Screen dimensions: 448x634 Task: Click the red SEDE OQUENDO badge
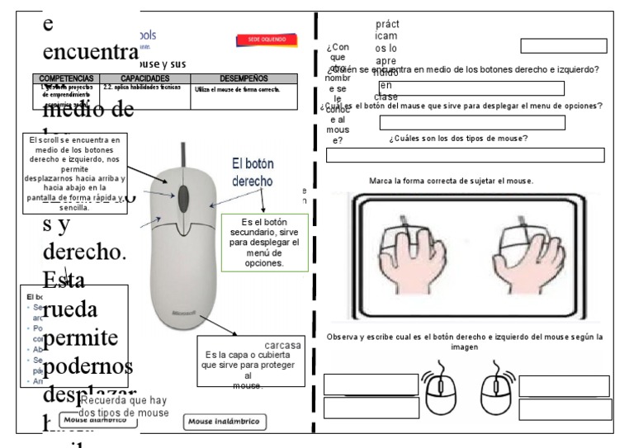pos(262,39)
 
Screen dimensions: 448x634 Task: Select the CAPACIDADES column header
pos(145,78)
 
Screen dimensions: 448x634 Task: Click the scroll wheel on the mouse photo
pos(182,191)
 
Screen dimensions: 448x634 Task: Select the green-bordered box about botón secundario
pos(265,243)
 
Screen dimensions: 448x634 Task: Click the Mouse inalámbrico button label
pos(223,422)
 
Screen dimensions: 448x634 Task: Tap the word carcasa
pos(283,345)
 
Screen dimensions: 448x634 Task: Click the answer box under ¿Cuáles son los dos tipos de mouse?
pos(465,155)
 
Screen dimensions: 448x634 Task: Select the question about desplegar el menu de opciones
pos(461,106)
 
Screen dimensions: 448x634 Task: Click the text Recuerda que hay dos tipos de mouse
pos(124,407)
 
